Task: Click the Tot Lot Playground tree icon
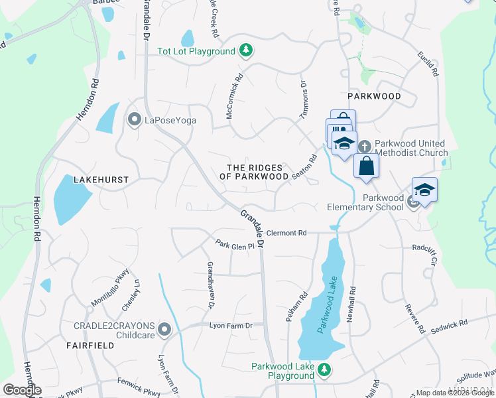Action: click(x=246, y=51)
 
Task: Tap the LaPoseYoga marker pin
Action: click(x=134, y=120)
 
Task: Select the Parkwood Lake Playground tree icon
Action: click(x=324, y=369)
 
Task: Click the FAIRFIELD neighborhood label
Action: click(x=86, y=346)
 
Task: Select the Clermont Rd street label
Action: click(x=288, y=233)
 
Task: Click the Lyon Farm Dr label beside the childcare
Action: click(x=231, y=326)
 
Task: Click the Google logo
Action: click(x=22, y=390)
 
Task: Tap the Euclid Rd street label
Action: click(x=428, y=63)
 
